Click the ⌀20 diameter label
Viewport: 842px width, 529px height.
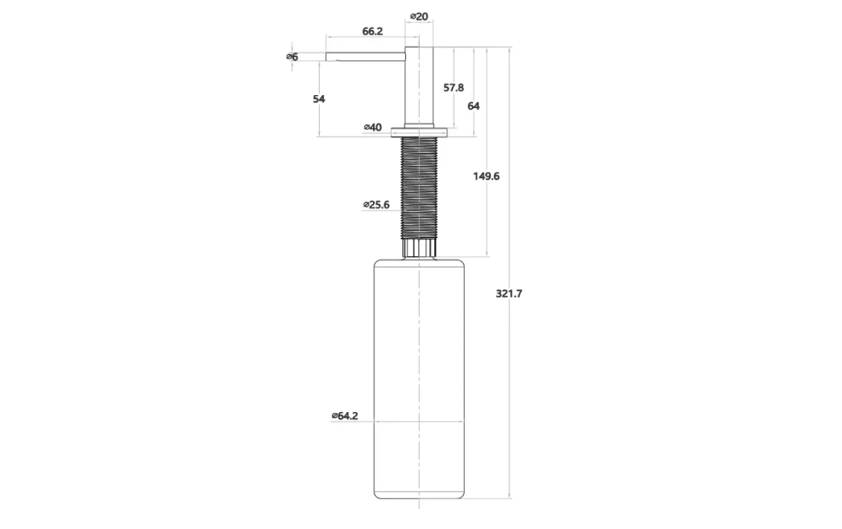pyautogui.click(x=419, y=17)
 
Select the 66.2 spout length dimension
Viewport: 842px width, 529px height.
pyautogui.click(x=372, y=31)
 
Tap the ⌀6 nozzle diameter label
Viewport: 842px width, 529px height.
pyautogui.click(x=292, y=56)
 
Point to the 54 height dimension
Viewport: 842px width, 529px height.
pyautogui.click(x=319, y=99)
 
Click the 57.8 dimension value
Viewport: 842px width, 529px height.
pyautogui.click(x=453, y=88)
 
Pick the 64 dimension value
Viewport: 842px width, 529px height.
pyautogui.click(x=473, y=106)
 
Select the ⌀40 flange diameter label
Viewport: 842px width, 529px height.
pyautogui.click(x=373, y=127)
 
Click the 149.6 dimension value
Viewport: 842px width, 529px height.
pyautogui.click(x=486, y=177)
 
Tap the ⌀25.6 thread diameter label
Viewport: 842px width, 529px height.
pyautogui.click(x=376, y=205)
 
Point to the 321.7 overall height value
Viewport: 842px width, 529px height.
pyautogui.click(x=508, y=294)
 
